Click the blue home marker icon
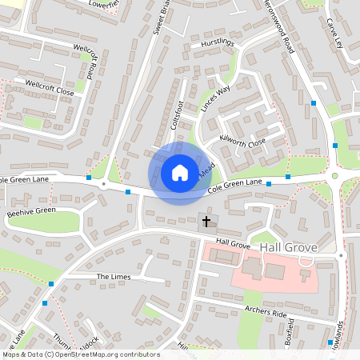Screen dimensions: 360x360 pos(180,172)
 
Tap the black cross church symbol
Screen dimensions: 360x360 pos(206,220)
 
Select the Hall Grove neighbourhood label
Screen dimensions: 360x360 pos(284,248)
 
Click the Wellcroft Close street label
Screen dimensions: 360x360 pos(50,87)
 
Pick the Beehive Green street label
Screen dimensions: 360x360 pos(31,213)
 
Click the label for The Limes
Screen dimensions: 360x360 pos(113,277)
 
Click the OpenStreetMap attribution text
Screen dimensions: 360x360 pos(80,354)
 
